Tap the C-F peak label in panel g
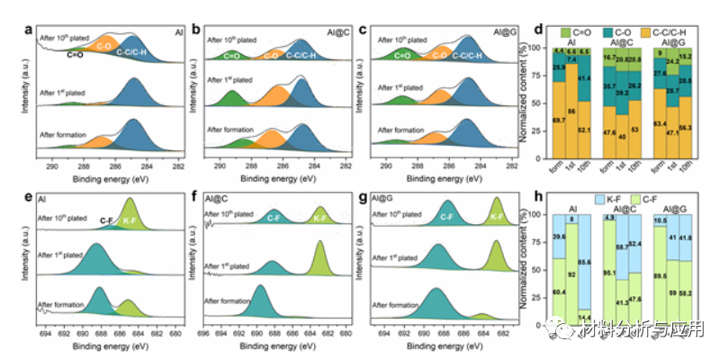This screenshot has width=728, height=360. point(446,215)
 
